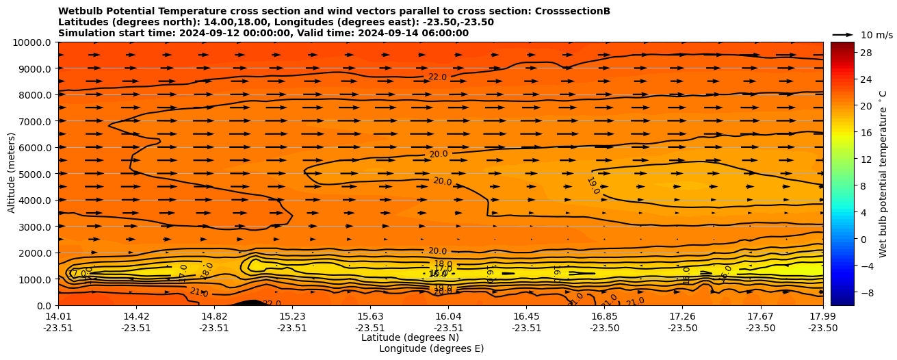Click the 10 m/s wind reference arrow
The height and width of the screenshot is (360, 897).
[843, 34]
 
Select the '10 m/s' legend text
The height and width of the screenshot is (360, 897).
[876, 35]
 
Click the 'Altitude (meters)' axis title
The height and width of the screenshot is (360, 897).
[12, 174]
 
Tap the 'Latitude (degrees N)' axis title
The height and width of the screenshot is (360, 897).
[410, 337]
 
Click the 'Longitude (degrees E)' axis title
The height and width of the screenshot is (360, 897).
[431, 348]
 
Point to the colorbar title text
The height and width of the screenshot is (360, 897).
[883, 174]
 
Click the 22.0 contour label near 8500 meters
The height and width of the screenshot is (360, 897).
[437, 77]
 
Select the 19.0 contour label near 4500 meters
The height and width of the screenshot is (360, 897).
[593, 185]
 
